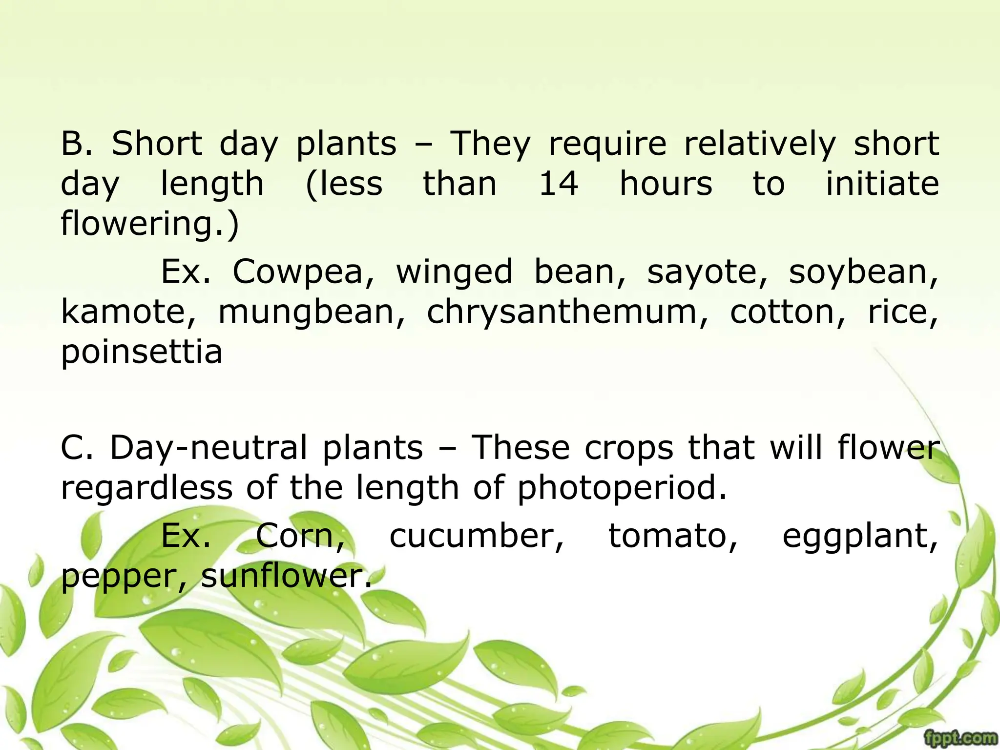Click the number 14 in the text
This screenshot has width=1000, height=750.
tap(558, 184)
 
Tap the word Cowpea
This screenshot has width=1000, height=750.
tap(303, 272)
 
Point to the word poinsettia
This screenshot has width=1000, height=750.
tap(142, 352)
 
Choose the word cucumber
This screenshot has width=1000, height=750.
tap(477, 536)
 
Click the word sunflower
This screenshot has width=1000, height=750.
tap(286, 576)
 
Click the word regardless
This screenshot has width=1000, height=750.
tap(146, 488)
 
